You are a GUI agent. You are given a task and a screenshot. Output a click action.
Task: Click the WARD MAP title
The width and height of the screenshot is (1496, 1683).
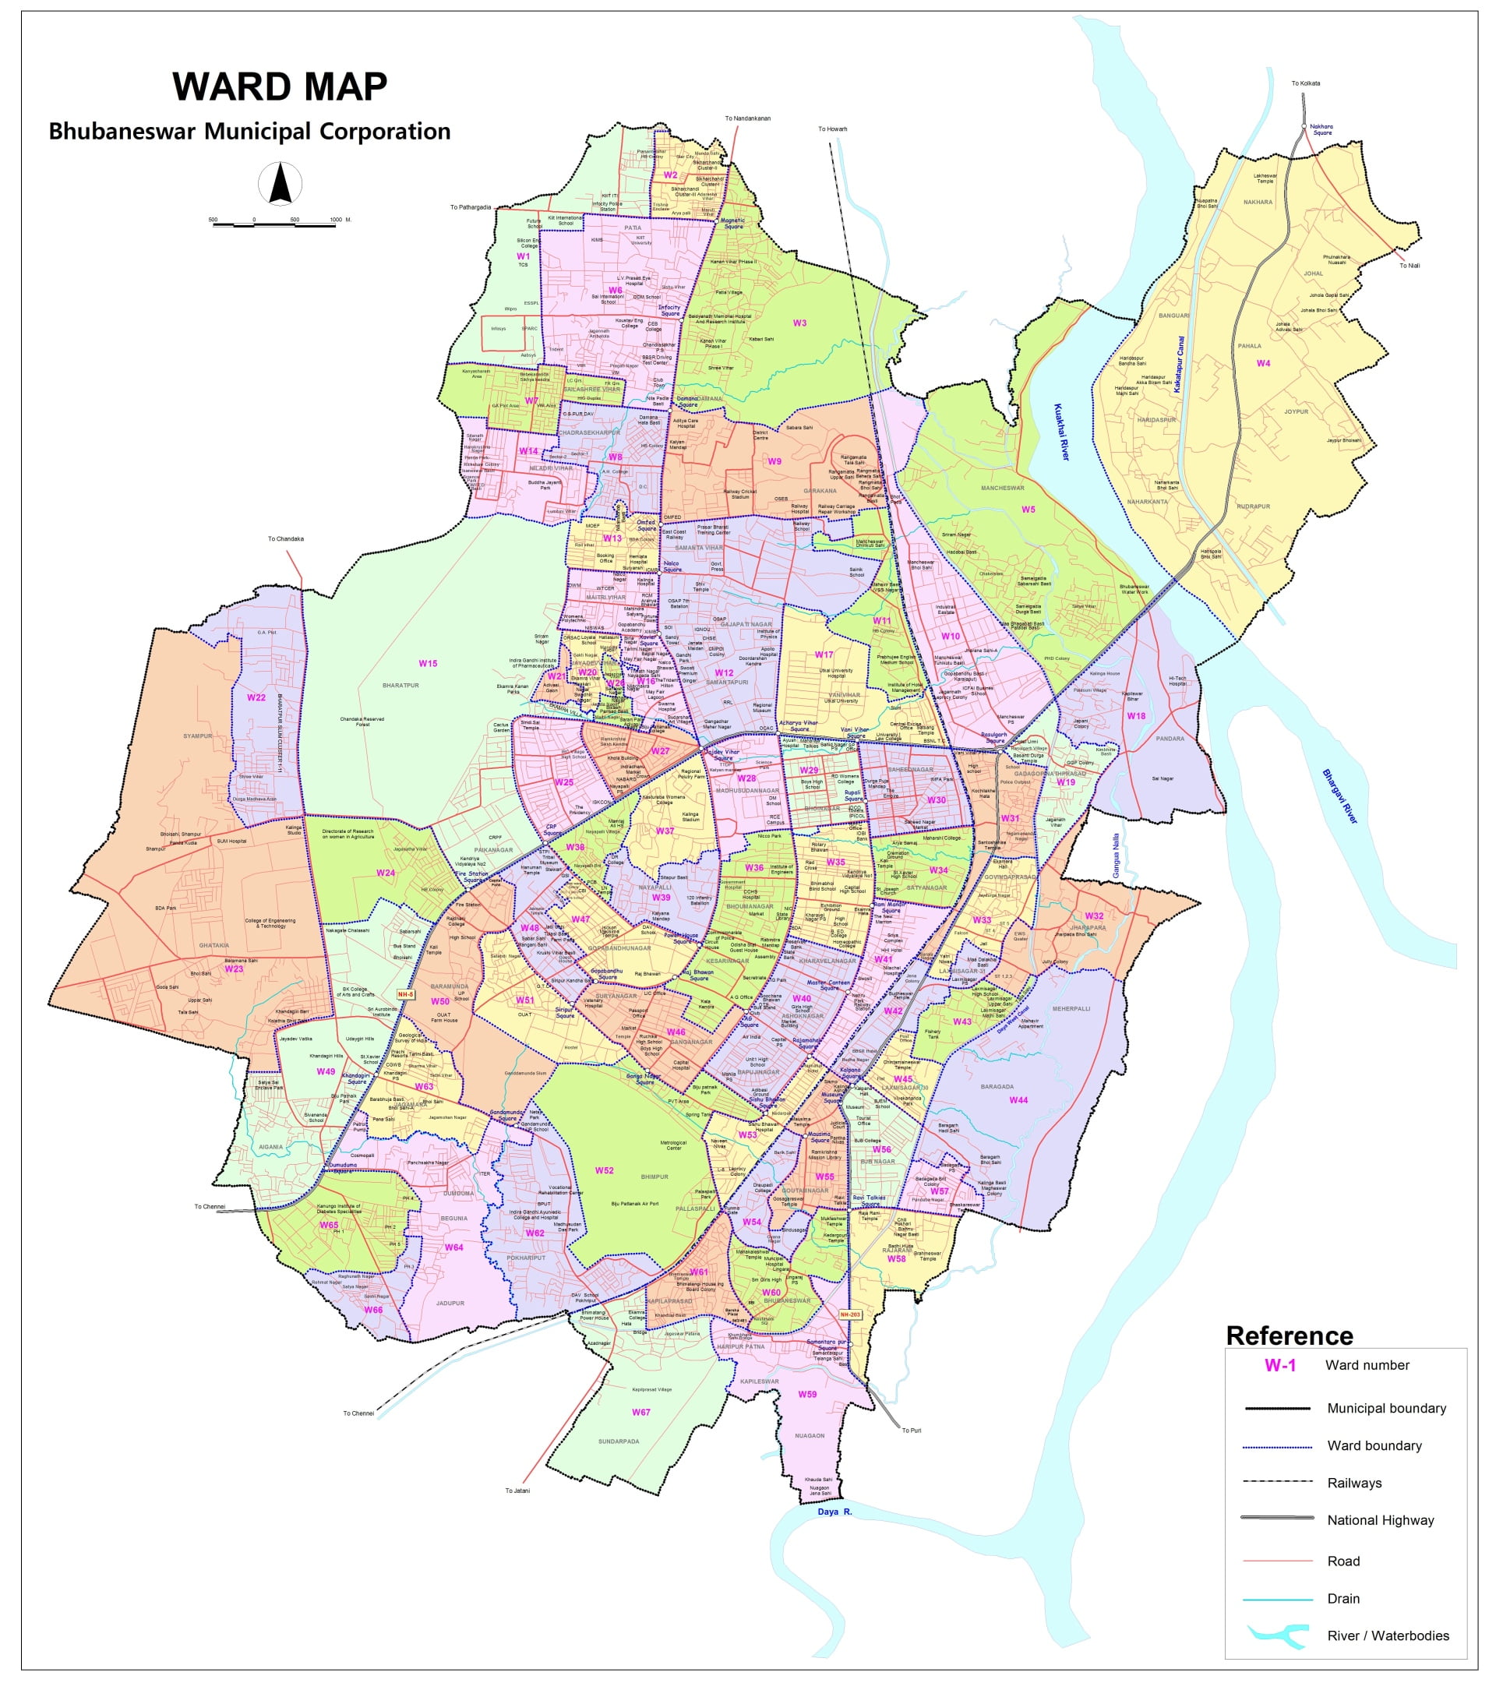[x=279, y=86]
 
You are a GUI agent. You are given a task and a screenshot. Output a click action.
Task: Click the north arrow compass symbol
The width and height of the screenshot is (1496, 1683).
[x=280, y=184]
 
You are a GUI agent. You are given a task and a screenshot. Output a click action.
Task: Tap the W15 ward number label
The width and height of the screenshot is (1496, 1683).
[x=427, y=663]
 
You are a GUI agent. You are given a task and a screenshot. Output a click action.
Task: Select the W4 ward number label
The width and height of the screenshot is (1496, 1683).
[x=1262, y=363]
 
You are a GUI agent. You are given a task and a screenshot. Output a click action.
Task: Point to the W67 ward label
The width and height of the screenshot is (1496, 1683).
[x=640, y=1412]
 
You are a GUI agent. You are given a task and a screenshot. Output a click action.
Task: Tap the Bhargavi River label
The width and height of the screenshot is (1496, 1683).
[x=1339, y=796]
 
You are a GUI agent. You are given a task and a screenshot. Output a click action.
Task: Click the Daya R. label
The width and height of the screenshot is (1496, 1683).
[x=834, y=1512]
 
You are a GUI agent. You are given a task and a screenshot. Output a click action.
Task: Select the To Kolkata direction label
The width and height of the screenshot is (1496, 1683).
[x=1305, y=83]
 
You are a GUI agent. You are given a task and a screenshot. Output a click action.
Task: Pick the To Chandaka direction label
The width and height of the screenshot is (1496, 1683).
[x=286, y=539]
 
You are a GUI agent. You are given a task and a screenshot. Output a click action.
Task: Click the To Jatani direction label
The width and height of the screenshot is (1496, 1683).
[x=517, y=1491]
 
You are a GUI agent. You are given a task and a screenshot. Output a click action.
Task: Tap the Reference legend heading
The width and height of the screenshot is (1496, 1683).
[x=1289, y=1335]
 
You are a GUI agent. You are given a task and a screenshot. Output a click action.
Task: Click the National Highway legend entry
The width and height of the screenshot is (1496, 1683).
[x=1380, y=1520]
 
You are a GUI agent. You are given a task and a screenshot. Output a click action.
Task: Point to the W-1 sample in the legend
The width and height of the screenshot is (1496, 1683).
[x=1279, y=1365]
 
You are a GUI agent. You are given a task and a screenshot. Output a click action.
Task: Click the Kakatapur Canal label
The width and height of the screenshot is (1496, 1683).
[x=1179, y=364]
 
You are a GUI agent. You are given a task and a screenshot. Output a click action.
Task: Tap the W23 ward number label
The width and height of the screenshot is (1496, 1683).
[x=234, y=969]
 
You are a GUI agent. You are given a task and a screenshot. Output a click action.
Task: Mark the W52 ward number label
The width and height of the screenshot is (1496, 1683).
[x=604, y=1170]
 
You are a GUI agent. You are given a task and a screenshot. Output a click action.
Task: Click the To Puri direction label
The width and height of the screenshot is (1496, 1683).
[x=911, y=1431]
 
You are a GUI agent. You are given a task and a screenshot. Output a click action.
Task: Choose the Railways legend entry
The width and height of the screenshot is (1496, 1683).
[x=1353, y=1483]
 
